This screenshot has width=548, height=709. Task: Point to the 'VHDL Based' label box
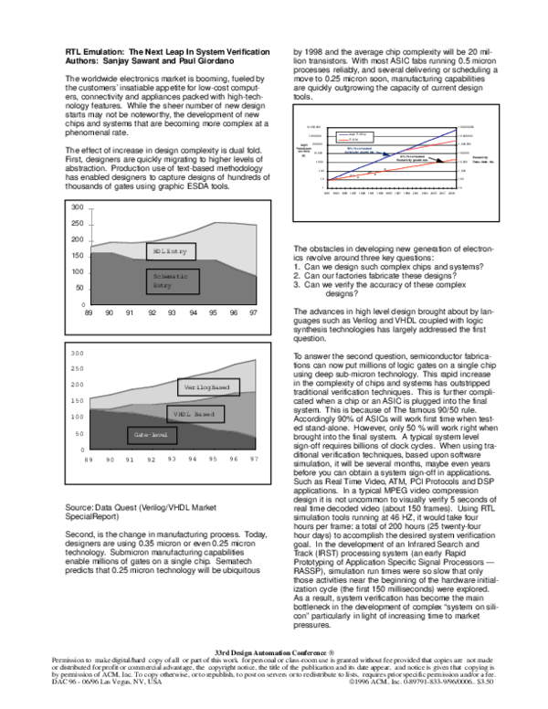pyautogui.click(x=193, y=414)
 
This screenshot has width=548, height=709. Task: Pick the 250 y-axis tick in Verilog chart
pyautogui.click(x=77, y=368)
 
